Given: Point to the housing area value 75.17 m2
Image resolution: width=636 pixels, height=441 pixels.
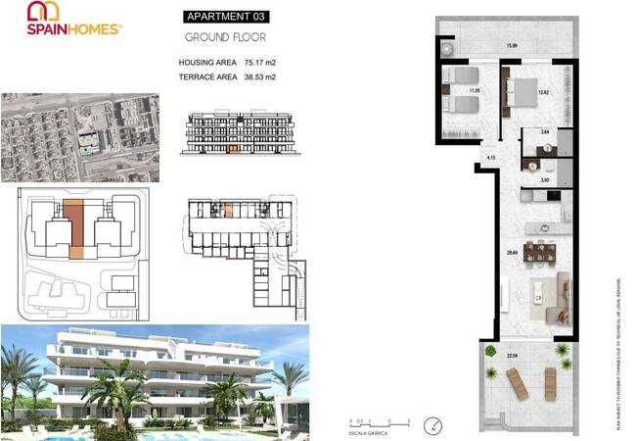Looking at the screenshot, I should coord(254,63).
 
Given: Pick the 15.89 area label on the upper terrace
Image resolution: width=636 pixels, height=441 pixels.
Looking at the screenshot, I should coord(511,45).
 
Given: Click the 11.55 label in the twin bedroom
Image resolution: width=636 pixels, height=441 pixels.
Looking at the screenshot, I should coord(474,91).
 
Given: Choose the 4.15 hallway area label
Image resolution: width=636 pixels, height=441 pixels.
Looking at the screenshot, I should coord(491,157).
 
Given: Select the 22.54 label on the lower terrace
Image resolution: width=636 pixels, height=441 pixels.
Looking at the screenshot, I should coord(511,356).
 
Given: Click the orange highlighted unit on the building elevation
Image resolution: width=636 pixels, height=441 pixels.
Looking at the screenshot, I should coord(232,151).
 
